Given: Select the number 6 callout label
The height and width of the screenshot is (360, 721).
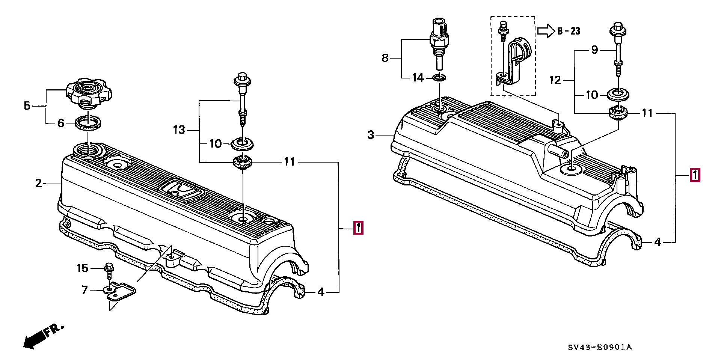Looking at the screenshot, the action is point(61,123).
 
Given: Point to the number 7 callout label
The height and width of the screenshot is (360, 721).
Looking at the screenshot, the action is point(85,290).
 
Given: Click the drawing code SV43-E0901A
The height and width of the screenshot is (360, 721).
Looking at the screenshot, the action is point(600,347).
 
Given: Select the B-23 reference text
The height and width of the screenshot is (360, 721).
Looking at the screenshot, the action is point(569,31).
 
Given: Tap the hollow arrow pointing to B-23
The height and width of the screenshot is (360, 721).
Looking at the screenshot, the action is point(546,31).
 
